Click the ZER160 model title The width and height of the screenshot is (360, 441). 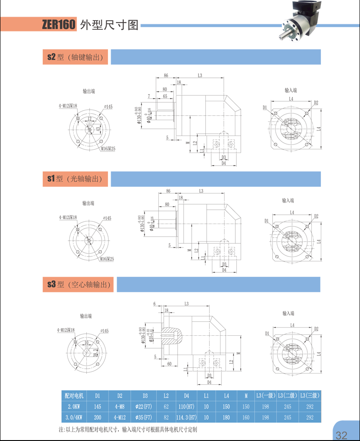(58, 24)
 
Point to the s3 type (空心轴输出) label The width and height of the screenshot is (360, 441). (79, 284)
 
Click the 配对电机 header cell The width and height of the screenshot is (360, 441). (74, 396)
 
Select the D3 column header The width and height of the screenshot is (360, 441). (145, 396)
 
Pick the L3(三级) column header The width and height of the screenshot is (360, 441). (310, 396)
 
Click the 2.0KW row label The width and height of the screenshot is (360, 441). (74, 406)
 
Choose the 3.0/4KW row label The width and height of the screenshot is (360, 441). (74, 417)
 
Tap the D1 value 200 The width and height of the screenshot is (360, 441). (97, 417)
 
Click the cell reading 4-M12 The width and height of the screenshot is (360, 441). (120, 417)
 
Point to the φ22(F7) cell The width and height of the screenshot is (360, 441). (145, 406)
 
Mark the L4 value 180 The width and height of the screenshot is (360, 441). (226, 417)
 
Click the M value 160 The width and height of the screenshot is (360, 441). (246, 417)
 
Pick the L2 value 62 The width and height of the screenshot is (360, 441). (166, 406)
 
